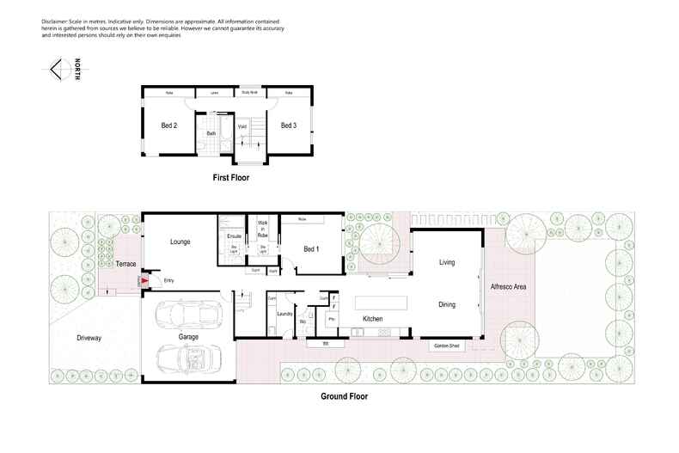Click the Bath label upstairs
point(211,134)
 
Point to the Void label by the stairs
point(242,126)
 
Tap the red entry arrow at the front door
point(144,280)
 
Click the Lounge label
point(180,242)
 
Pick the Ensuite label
point(233,236)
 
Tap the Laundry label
point(285,315)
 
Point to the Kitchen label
point(371,319)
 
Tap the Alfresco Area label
point(508,286)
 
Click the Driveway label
point(89,338)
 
